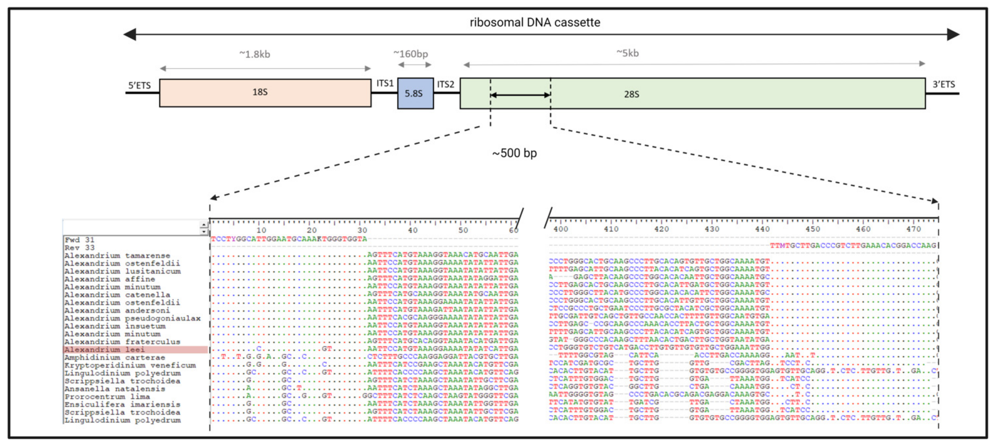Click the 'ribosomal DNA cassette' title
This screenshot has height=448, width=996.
(535, 22)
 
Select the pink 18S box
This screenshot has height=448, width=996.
(265, 93)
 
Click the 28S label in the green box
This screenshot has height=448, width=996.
(631, 94)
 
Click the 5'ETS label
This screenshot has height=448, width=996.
(139, 85)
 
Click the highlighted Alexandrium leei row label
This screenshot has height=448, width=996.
(104, 349)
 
